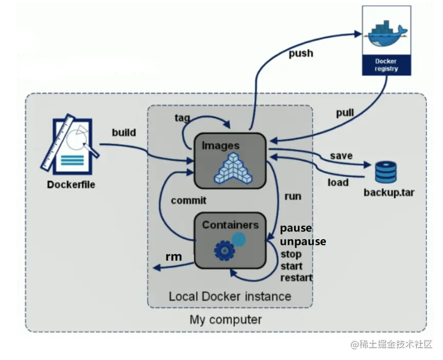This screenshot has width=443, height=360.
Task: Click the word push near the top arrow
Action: tap(301, 54)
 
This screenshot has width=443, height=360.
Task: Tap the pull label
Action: tap(345, 113)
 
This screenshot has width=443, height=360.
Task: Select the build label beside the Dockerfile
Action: tap(124, 133)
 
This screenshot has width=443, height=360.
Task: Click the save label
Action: tap(341, 155)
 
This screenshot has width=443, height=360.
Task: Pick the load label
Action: tap(338, 182)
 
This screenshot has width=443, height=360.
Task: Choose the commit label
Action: tap(189, 200)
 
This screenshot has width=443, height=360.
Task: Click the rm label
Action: tap(173, 257)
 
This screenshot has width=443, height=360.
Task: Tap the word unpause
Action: tap(303, 241)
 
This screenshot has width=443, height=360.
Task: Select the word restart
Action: tap(296, 278)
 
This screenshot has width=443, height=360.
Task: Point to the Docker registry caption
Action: tap(386, 65)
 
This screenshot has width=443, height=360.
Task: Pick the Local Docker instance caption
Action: tap(230, 297)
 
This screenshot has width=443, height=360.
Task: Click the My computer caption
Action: tap(226, 320)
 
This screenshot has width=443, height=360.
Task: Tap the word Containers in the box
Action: tap(230, 225)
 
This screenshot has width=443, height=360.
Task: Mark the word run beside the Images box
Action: tap(292, 196)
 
